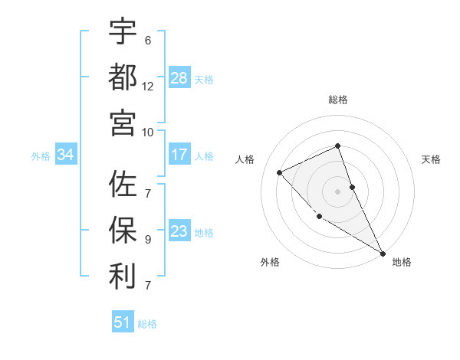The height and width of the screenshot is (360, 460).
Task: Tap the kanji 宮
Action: (123, 123)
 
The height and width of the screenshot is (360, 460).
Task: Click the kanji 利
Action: (123, 277)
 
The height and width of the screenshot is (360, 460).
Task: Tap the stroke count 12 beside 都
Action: (148, 86)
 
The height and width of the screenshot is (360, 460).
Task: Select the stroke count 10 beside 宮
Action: (148, 132)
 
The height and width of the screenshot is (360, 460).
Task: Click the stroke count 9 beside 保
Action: (148, 239)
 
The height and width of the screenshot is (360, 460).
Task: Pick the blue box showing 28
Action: (179, 78)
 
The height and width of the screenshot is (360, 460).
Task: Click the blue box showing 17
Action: (179, 155)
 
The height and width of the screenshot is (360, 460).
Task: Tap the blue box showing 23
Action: (179, 231)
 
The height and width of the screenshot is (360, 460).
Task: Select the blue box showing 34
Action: (65, 155)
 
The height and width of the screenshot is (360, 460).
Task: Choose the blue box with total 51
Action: (123, 322)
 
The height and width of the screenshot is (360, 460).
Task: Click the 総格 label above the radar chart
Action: (338, 100)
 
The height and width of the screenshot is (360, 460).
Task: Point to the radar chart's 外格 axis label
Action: (270, 262)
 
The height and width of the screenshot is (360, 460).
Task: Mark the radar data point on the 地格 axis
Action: (383, 254)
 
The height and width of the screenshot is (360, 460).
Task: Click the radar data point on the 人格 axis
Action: (280, 172)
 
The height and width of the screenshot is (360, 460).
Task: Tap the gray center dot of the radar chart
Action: (338, 191)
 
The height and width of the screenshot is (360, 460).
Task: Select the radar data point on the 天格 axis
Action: (353, 187)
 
